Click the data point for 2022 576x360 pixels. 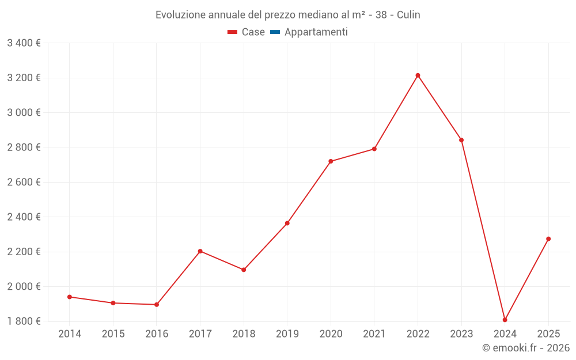tap(418, 75)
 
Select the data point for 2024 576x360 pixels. tap(505, 320)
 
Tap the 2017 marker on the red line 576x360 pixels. tap(200, 251)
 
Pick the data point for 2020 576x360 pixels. tap(331, 161)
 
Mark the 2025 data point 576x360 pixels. tap(548, 238)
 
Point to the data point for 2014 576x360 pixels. tap(69, 297)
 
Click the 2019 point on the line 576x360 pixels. tap(287, 223)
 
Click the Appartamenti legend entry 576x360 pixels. tap(316, 32)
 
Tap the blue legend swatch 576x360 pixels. tap(275, 32)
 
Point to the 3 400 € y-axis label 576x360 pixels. tap(24, 43)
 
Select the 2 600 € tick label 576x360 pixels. tap(24, 182)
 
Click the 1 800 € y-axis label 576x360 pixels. tap(24, 321)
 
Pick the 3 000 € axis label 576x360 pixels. tap(24, 113)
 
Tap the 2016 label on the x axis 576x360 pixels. tap(156, 334)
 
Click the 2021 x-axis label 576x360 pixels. tap(374, 334)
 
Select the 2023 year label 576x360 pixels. tap(461, 334)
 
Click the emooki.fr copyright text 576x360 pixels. tap(525, 348)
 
